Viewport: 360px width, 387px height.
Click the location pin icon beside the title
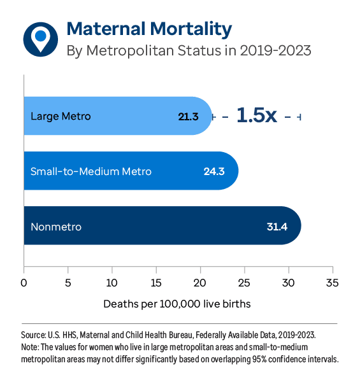pyautogui.click(x=40, y=38)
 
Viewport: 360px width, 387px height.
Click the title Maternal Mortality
pyautogui.click(x=149, y=29)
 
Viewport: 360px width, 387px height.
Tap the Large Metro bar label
pyautogui.click(x=61, y=116)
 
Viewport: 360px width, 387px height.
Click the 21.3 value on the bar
pyautogui.click(x=189, y=116)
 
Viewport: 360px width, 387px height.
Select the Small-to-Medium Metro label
pyautogui.click(x=91, y=171)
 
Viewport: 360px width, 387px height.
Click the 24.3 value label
pyautogui.click(x=214, y=171)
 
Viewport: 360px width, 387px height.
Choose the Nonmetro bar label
pyautogui.click(x=56, y=227)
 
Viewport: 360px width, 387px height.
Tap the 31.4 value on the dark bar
pyautogui.click(x=277, y=227)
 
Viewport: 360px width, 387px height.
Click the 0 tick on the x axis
pyautogui.click(x=24, y=281)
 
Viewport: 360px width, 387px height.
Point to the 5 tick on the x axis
pyautogui.click(x=68, y=281)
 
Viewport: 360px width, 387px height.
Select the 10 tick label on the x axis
pyautogui.click(x=112, y=281)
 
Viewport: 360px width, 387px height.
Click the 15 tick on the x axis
pyautogui.click(x=156, y=281)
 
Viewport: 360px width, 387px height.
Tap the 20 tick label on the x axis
pyautogui.click(x=200, y=281)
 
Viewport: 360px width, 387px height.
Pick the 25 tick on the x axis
pyautogui.click(x=244, y=281)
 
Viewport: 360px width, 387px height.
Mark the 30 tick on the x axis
pyautogui.click(x=288, y=281)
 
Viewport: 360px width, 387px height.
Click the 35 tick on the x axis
pyautogui.click(x=332, y=281)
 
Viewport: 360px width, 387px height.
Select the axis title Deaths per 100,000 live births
pyautogui.click(x=177, y=304)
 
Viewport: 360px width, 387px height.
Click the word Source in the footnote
pyautogui.click(x=33, y=334)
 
